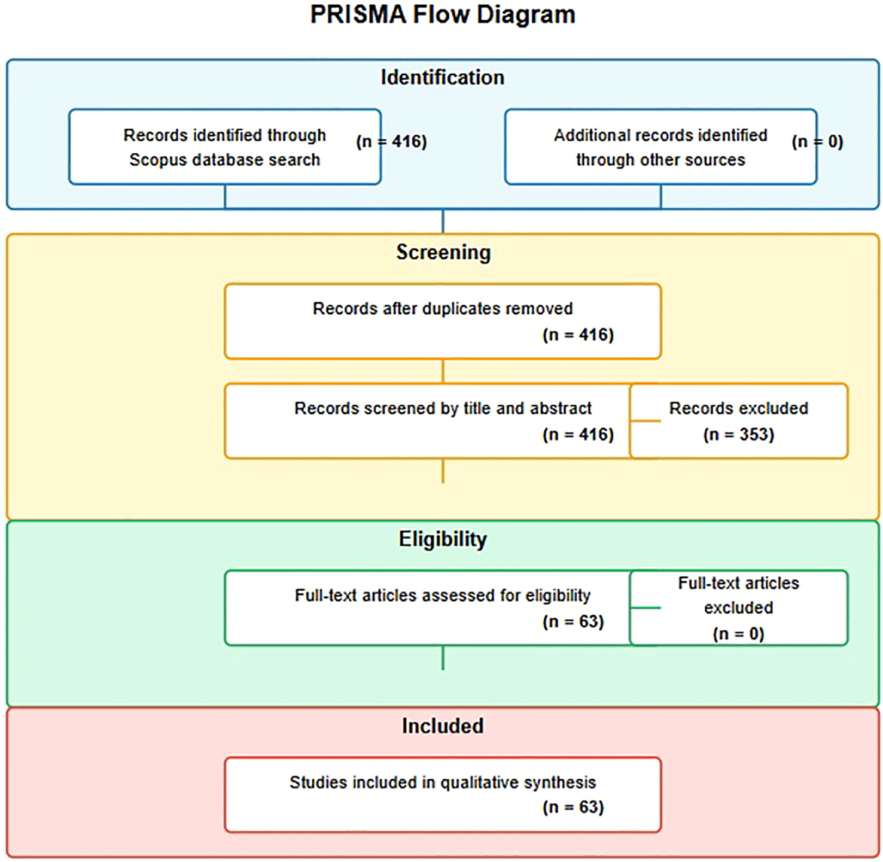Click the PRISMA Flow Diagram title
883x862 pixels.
(x=442, y=15)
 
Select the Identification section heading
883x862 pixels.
(x=442, y=78)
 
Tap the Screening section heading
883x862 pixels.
(x=443, y=253)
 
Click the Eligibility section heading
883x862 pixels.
(x=443, y=539)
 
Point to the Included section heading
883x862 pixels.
(x=442, y=726)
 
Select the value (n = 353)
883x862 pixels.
(x=738, y=435)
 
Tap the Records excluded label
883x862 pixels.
(x=738, y=408)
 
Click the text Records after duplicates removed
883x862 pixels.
(x=443, y=309)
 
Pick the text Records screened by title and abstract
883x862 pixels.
(x=443, y=408)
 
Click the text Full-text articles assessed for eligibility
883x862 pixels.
(x=443, y=596)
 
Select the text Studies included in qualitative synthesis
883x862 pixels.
(x=443, y=782)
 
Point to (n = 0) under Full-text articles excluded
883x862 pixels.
(x=738, y=634)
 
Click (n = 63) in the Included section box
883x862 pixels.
(x=573, y=808)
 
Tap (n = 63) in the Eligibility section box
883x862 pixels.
(x=573, y=622)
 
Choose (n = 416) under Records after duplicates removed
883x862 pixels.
(x=578, y=335)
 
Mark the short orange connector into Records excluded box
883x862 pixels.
(x=645, y=421)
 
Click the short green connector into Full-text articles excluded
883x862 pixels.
(x=645, y=608)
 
